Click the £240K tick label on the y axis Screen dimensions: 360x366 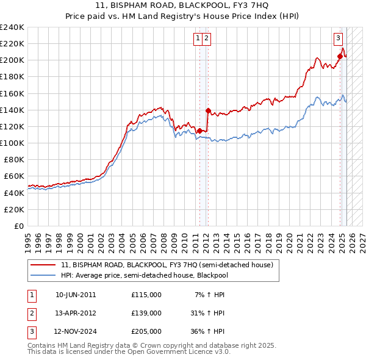12,27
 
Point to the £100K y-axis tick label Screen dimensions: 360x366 12,143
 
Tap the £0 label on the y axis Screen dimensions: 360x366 19,226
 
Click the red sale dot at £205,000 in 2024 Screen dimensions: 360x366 340,56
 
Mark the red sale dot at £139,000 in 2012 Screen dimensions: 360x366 208,110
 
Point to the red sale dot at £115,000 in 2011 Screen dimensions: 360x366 199,130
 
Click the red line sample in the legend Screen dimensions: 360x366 42,265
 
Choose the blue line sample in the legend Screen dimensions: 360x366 42,275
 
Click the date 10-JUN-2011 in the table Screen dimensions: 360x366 76,295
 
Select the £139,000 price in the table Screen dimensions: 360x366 146,313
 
